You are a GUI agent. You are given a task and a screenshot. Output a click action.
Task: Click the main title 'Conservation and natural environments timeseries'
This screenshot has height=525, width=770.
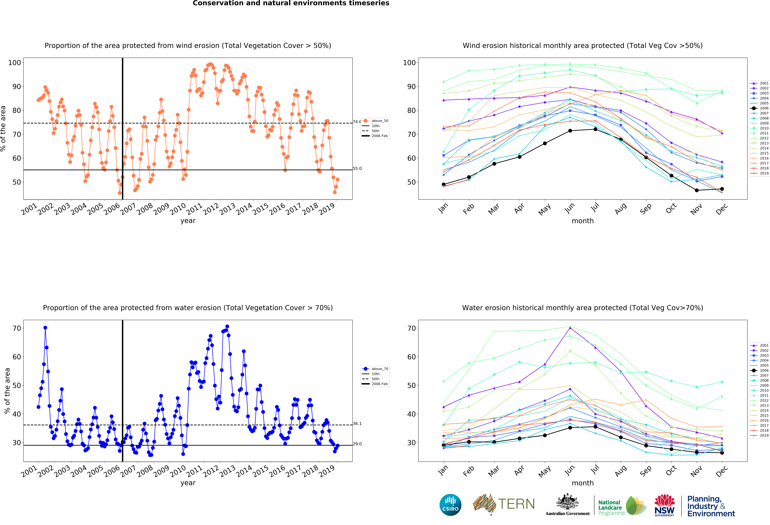(291, 3)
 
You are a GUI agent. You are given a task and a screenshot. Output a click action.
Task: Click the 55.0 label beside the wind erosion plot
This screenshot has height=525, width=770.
(357, 168)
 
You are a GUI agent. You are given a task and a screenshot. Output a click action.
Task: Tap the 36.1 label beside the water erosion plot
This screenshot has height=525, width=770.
(357, 424)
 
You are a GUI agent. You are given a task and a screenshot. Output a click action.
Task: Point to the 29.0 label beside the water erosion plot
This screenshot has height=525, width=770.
(357, 444)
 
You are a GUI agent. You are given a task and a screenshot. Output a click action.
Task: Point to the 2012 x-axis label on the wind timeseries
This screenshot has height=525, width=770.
(211, 209)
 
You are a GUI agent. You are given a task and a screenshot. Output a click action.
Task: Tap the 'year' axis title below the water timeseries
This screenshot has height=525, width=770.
(188, 483)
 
